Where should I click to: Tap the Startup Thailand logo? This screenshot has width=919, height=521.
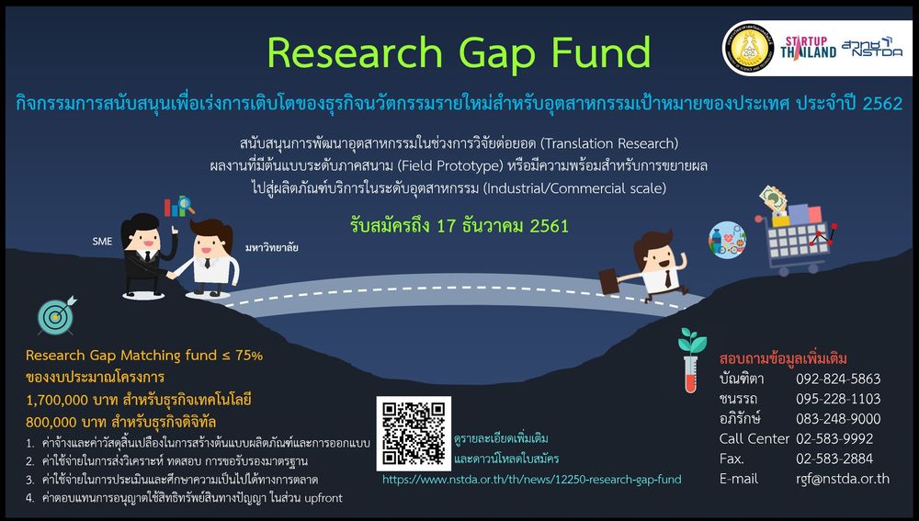tap(808, 48)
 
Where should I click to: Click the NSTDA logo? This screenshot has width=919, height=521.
tap(872, 47)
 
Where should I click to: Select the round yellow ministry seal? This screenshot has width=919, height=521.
tap(748, 48)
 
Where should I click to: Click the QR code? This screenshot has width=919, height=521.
tap(414, 433)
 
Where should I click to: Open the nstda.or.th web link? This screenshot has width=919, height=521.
tap(531, 480)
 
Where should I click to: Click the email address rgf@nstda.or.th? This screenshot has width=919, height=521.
tap(842, 479)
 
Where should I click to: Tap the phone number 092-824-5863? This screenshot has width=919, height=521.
tap(838, 379)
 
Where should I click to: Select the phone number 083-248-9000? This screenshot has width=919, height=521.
tap(838, 418)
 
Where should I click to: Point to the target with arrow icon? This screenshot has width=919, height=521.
tap(56, 315)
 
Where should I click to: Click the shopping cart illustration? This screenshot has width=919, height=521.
tap(794, 232)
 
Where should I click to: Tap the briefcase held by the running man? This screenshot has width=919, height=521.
tap(608, 282)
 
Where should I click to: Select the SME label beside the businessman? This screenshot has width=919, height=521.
tap(102, 241)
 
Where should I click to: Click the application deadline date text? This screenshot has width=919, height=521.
tap(459, 226)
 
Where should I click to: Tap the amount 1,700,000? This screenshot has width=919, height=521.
tap(57, 401)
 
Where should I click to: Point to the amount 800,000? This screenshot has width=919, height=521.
tap(51, 422)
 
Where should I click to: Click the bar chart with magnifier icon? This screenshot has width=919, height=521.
tap(179, 206)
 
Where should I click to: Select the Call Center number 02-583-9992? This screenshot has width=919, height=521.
tap(834, 438)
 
